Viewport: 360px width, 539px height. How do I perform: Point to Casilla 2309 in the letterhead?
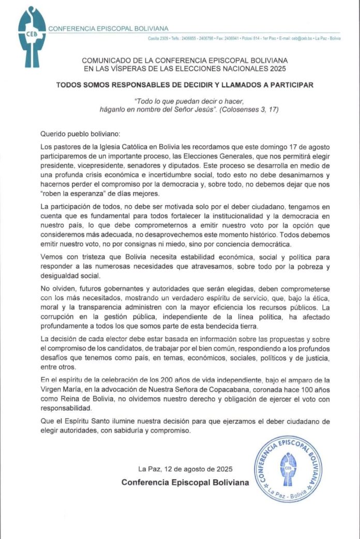tap(159, 38)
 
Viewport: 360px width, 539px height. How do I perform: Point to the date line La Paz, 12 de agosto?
tap(185, 469)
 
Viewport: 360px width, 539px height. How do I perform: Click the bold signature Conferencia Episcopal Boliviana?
tap(185, 482)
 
